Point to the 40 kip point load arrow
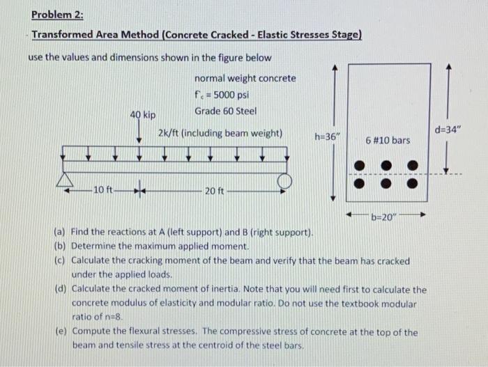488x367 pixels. (139, 132)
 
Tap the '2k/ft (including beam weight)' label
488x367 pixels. (220, 132)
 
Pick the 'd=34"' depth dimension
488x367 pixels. (448, 130)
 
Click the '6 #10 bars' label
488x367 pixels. (388, 141)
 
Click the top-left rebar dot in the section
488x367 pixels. (360, 166)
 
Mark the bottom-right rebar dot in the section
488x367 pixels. (413, 184)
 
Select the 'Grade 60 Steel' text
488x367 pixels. (225, 111)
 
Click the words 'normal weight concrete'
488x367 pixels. (245, 79)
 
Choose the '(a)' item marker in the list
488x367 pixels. (59, 231)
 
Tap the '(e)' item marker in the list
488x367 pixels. (59, 332)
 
